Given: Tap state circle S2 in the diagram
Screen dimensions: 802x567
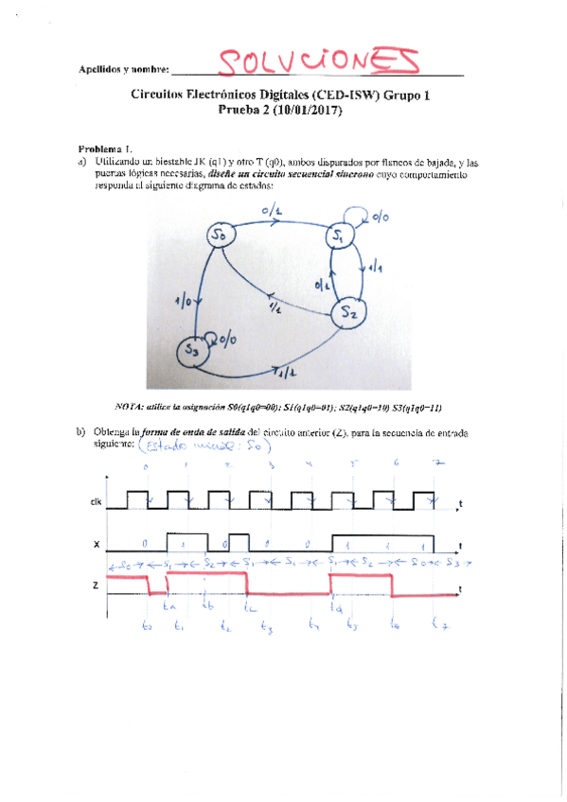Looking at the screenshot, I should tap(348, 311).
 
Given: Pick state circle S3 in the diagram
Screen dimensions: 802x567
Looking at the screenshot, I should tap(192, 350).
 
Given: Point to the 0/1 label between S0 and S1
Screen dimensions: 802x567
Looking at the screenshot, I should tap(283, 215).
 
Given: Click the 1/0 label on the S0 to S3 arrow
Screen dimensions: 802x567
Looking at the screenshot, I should tap(184, 301).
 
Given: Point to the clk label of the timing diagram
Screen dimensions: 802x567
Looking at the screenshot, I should tap(96, 502).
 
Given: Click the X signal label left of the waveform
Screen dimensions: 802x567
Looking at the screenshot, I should tap(96, 546).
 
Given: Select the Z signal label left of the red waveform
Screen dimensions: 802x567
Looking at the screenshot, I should tap(96, 587).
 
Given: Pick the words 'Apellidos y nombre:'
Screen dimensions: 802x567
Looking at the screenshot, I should tap(124, 70).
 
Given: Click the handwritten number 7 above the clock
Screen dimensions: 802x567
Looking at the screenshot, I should tap(436, 464).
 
